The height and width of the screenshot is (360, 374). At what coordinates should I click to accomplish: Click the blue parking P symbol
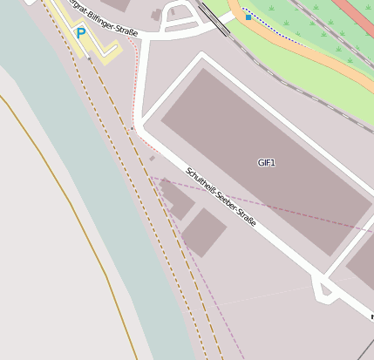pos(81,33)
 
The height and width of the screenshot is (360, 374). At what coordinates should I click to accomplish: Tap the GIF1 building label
pos(266,163)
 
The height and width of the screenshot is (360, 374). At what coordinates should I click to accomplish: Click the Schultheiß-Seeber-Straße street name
pos(221,198)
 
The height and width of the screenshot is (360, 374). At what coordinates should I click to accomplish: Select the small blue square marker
pos(248,17)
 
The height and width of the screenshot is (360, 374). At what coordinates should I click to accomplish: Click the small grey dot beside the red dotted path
pos(152,159)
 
